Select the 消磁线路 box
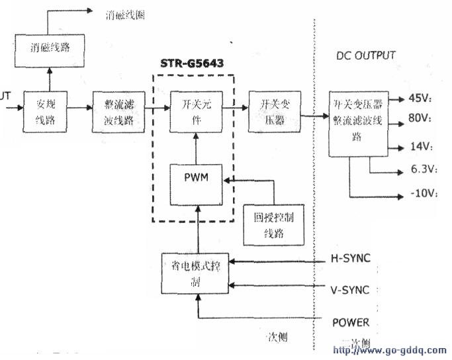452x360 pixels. [x=44, y=48]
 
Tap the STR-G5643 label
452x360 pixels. [x=193, y=64]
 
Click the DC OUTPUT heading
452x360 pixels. [x=365, y=56]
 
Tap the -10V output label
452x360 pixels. [x=421, y=194]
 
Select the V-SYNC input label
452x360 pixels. [x=349, y=289]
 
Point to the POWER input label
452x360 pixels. [x=351, y=322]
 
